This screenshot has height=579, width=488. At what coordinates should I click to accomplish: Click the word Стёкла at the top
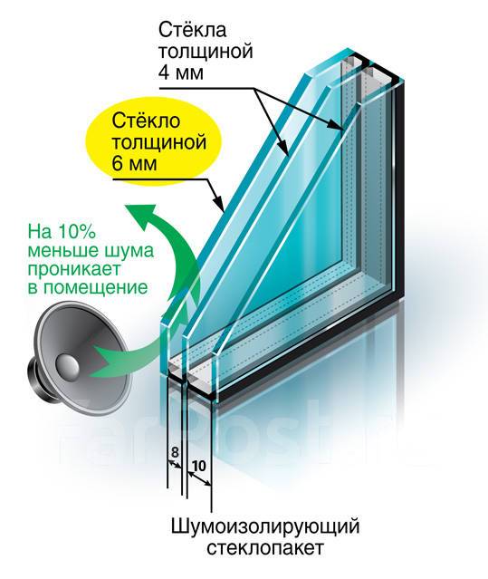[x=192, y=30]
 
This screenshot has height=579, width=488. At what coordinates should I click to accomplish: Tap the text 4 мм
[x=181, y=72]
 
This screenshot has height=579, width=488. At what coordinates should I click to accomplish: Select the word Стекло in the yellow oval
[x=146, y=121]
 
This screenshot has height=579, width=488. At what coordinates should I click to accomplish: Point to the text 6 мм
[x=135, y=163]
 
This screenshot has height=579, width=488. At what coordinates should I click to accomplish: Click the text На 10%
[x=62, y=232]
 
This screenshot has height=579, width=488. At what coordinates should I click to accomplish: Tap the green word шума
[x=129, y=252]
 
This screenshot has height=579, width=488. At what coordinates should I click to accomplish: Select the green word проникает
[x=74, y=269]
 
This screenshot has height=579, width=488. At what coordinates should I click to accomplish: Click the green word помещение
[x=98, y=288]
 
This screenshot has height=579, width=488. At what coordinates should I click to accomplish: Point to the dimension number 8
[x=175, y=452]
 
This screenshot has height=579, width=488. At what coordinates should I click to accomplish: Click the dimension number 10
[x=198, y=466]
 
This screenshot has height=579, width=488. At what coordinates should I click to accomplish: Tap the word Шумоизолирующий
[x=265, y=526]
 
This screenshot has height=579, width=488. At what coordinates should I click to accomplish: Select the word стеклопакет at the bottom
[x=265, y=547]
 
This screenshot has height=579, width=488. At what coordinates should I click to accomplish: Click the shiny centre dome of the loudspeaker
[x=67, y=367]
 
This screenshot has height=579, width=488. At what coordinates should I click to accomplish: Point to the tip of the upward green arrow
[x=126, y=205]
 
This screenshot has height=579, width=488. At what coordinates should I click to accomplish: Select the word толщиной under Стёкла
[x=206, y=52]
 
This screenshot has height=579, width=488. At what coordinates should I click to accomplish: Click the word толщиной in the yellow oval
[x=158, y=142]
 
